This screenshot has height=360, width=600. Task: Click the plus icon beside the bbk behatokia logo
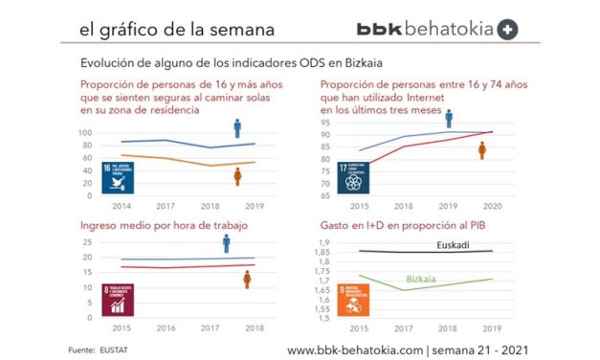tap(509, 30)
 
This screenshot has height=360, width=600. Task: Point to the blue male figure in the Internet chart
tap(449, 119)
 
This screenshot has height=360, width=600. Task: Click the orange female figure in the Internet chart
tap(483, 150)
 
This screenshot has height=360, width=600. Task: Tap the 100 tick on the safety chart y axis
tap(85, 132)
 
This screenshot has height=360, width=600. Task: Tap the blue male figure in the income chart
tap(226, 243)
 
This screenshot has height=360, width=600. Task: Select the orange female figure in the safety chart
tap(237, 176)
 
